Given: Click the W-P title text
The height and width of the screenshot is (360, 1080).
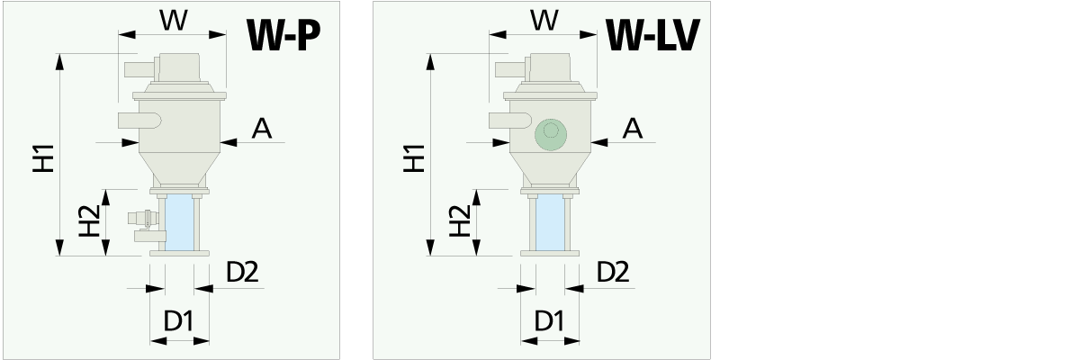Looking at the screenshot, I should [x=283, y=37].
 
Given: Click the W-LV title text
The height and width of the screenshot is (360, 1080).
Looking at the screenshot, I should [x=652, y=37].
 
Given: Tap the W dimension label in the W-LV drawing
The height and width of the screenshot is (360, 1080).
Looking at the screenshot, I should [x=543, y=20].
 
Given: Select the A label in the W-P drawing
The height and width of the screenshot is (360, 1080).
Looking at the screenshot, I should [x=261, y=129].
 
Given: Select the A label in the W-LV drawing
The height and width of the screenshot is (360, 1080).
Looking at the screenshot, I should [x=633, y=129].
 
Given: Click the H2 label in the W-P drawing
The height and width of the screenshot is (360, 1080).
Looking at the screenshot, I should [x=88, y=222].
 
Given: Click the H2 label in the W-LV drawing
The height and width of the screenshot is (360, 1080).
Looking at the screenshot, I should [x=459, y=222].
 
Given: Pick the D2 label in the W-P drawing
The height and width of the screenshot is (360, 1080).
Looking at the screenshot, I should [x=242, y=272].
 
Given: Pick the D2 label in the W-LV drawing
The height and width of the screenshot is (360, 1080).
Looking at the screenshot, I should [x=613, y=272].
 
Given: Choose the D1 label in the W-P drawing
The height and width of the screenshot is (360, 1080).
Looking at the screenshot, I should [x=180, y=320].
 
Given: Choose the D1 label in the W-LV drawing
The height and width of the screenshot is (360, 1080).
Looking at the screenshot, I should [x=550, y=320].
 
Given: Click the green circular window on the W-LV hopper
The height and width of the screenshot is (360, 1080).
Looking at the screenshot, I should [x=550, y=134].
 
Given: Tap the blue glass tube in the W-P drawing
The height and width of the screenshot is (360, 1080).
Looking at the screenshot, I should [x=180, y=223].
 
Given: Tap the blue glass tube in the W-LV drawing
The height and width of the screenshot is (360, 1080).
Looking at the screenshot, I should [x=550, y=223].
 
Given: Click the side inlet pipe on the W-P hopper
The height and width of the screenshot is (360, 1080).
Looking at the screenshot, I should [x=139, y=120].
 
